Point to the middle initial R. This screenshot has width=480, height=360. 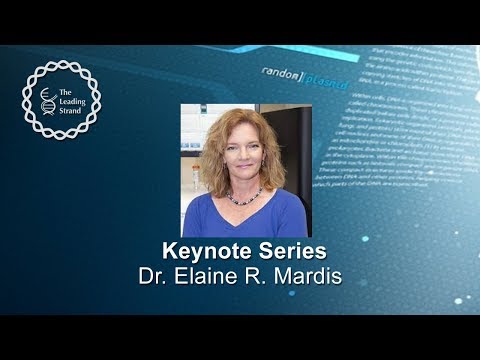(255, 273)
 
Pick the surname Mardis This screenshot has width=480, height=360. (303, 273)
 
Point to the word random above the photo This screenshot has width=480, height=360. (282, 73)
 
